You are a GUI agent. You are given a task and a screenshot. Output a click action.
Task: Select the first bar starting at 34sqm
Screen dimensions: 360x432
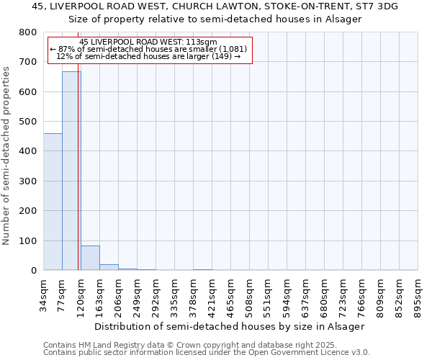pos(53,202)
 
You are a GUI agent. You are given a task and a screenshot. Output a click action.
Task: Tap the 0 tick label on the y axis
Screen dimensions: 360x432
pos(33,271)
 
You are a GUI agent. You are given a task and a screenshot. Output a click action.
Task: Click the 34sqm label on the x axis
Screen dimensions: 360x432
pos(44,292)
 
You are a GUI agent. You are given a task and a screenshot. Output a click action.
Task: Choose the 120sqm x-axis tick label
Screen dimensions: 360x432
pos(81,293)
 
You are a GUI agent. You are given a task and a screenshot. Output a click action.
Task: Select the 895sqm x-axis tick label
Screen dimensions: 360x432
pos(418,293)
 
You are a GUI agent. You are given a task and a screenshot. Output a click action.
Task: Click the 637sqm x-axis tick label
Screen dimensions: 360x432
pos(306,293)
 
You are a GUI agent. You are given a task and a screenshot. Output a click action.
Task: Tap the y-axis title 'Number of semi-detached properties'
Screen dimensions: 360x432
pos(6,152)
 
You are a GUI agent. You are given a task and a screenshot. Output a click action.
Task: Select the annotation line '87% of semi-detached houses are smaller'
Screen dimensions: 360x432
pos(149,49)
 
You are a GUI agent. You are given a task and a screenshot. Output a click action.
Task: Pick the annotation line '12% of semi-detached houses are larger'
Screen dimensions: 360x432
pos(148,56)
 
